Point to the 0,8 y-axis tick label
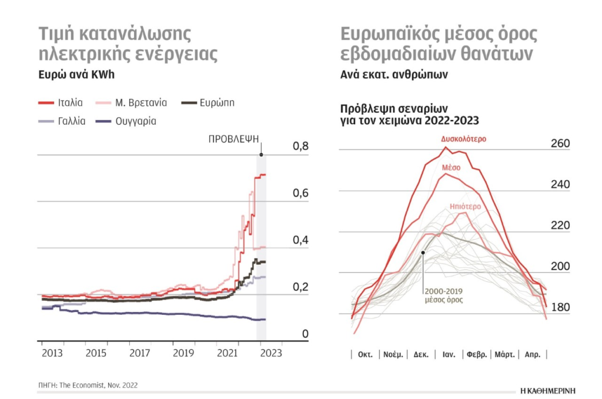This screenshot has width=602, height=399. pyautogui.click(x=301, y=147)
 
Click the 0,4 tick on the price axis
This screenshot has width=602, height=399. pyautogui.click(x=301, y=241)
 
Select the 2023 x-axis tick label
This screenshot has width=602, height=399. pyautogui.click(x=271, y=353)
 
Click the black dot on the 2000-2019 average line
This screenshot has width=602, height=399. pyautogui.click(x=423, y=252)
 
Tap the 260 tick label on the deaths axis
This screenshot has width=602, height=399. pyautogui.click(x=560, y=144)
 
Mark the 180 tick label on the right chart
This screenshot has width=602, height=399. pyautogui.click(x=560, y=308)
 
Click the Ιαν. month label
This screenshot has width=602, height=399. pyautogui.click(x=449, y=355)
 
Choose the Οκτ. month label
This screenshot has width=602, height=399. pyautogui.click(x=366, y=355)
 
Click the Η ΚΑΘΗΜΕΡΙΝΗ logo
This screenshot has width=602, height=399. pyautogui.click(x=548, y=390)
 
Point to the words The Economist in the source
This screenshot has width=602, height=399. pyautogui.click(x=83, y=385)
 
